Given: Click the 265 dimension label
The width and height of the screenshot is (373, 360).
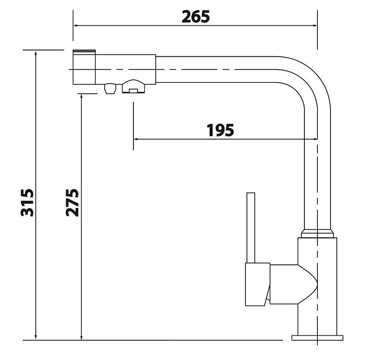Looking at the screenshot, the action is point(195,17).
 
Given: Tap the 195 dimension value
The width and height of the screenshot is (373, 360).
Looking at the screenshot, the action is point(220,130).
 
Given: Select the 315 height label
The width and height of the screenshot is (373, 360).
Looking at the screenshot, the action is point(27,203).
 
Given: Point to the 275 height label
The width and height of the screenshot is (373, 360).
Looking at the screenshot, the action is point(72,203).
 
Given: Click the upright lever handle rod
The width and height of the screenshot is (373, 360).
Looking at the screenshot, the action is point(251,228).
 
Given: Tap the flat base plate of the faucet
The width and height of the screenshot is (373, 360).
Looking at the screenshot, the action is point(317,338).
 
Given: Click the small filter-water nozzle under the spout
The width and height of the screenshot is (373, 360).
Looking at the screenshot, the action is point(110,88).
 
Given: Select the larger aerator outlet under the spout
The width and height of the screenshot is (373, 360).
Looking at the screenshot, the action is point(134,87).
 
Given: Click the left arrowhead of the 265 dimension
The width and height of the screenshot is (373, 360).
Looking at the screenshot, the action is point(76,25).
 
